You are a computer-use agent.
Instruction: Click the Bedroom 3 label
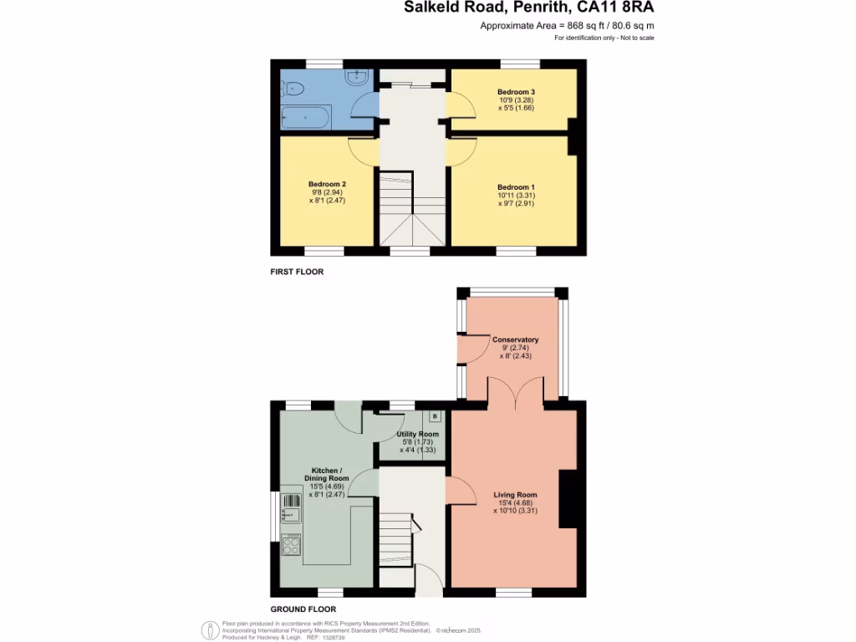pyautogui.click(x=514, y=91)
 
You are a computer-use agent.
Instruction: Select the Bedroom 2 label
pyautogui.click(x=327, y=184)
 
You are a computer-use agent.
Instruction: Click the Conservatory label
pyautogui.click(x=515, y=340)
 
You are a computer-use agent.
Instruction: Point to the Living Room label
pyautogui.click(x=514, y=495)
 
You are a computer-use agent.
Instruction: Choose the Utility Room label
pyautogui.click(x=417, y=435)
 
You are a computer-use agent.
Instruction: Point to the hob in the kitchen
pyautogui.click(x=291, y=545)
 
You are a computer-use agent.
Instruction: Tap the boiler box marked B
pyautogui.click(x=434, y=415)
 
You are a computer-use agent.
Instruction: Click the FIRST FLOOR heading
pyautogui.click(x=296, y=272)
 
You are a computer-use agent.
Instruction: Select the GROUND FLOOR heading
pyautogui.click(x=303, y=609)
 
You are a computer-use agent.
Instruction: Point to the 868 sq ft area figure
pyautogui.click(x=577, y=26)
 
